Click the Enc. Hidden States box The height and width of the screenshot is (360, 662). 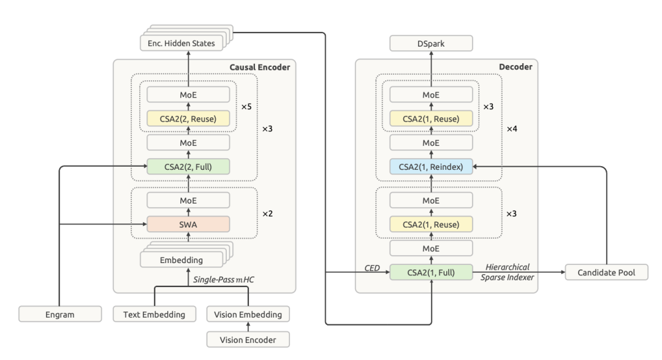(181, 43)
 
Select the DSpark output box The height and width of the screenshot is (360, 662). (431, 44)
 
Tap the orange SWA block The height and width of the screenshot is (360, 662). (188, 224)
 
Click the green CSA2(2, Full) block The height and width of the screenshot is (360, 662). (188, 166)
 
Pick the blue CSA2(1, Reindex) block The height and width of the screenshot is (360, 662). (431, 166)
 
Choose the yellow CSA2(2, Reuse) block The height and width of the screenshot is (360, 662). (188, 119)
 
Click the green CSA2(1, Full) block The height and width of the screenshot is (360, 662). (431, 272)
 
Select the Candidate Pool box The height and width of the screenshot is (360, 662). (606, 272)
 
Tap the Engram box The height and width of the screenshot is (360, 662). (60, 315)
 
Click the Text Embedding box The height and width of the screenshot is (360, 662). (154, 315)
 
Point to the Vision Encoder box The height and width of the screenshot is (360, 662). (248, 340)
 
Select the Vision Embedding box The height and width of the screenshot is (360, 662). (248, 315)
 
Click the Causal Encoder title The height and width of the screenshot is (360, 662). (260, 67)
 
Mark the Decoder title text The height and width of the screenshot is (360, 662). (516, 67)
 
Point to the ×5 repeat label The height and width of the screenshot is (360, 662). (246, 107)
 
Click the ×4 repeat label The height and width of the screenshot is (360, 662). (512, 129)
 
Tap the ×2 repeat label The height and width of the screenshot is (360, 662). (268, 214)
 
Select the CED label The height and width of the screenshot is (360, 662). (372, 268)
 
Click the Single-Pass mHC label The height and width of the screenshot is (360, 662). (224, 280)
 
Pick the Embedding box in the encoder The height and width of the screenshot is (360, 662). (181, 260)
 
